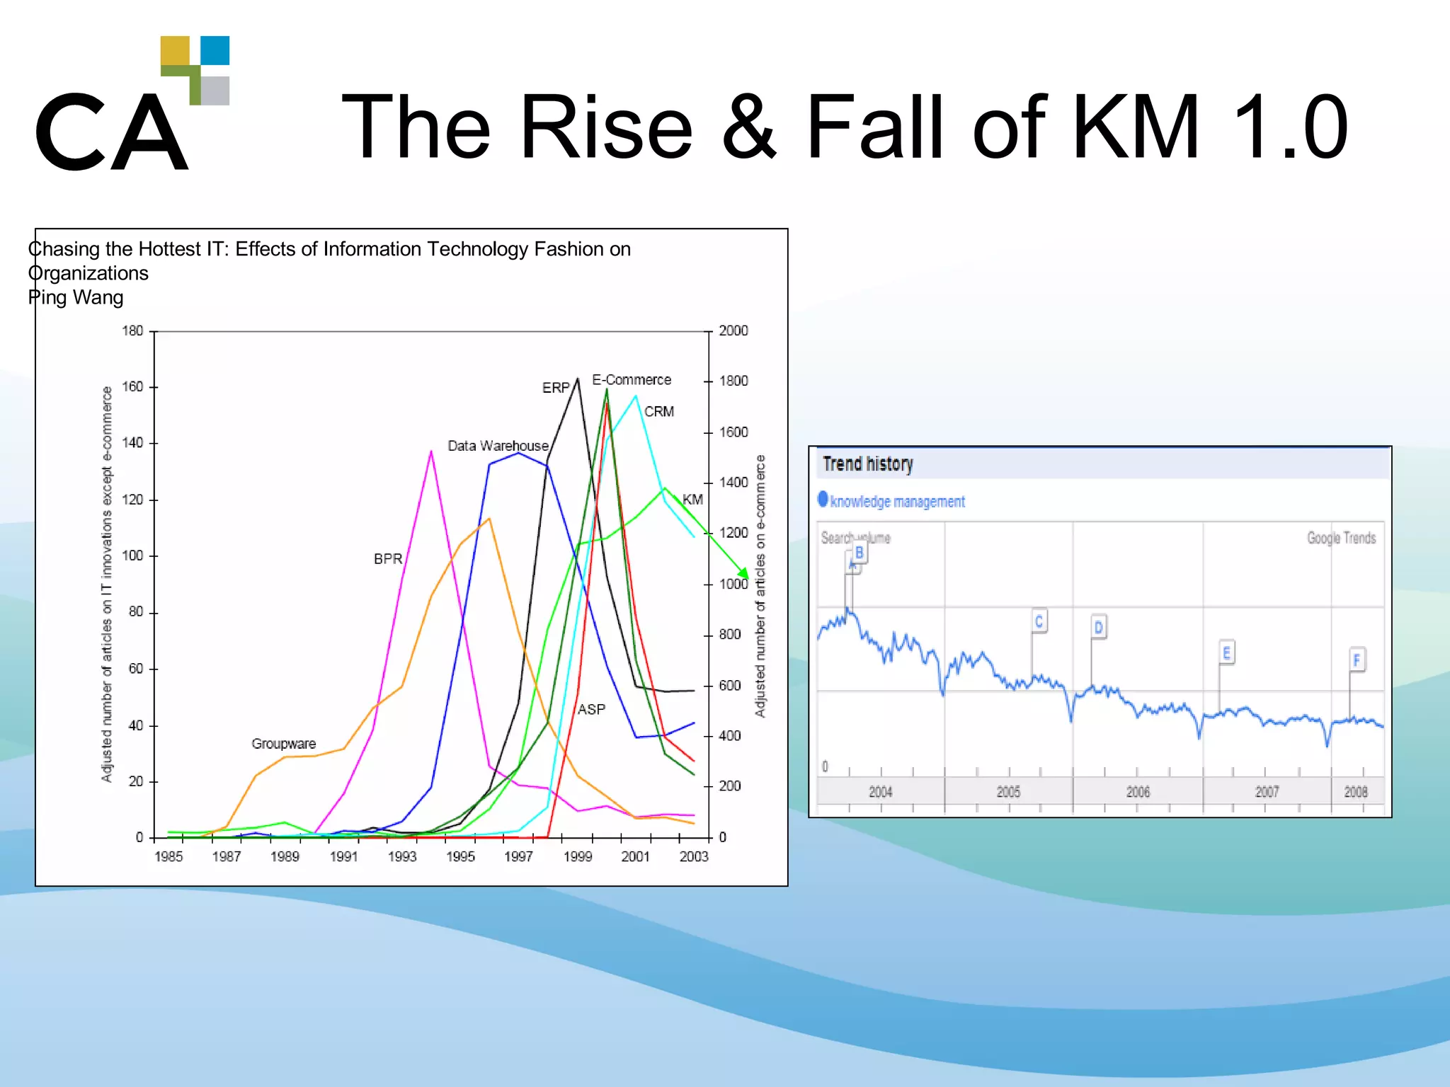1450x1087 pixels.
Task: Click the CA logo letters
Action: tap(112, 132)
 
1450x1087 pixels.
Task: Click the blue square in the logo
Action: tap(215, 50)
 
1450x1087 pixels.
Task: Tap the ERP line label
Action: tap(556, 388)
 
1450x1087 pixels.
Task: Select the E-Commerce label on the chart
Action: tap(632, 380)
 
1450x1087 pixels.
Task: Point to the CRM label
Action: tap(658, 412)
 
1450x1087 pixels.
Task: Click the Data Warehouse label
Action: tap(498, 446)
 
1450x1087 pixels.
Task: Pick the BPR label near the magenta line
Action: tap(387, 559)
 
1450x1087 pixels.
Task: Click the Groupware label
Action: tap(283, 744)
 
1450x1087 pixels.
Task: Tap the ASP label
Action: tap(591, 709)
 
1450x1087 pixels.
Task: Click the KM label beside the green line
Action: tap(692, 500)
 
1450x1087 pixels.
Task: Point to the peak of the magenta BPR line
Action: tap(431, 452)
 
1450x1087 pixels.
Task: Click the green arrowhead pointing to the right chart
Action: tap(743, 573)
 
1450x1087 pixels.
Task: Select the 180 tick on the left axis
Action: tap(132, 330)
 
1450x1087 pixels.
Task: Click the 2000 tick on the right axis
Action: tap(733, 330)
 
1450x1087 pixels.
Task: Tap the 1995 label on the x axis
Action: tap(460, 856)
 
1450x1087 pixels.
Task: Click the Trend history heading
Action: tap(867, 464)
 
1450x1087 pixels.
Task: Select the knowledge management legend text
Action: tap(897, 502)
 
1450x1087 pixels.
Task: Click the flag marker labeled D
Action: tap(1098, 627)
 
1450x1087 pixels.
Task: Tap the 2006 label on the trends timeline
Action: tap(1138, 792)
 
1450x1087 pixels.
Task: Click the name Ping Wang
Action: tap(76, 297)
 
